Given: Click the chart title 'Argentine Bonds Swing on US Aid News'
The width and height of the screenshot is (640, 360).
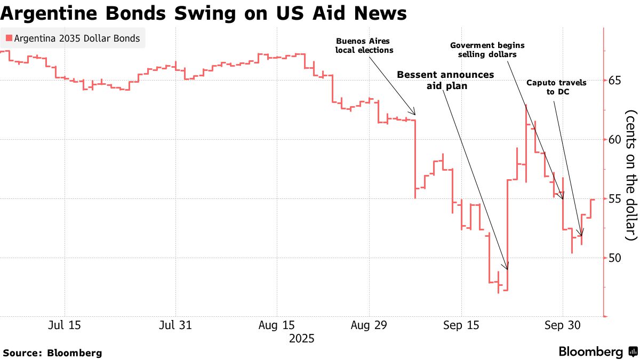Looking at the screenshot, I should pos(203,13).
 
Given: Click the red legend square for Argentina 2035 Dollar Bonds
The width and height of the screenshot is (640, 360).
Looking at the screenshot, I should pos(9,38).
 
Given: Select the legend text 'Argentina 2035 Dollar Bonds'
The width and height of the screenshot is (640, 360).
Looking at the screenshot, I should pos(77,38).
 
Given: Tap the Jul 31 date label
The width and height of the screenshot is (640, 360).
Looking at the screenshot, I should pos(175,325).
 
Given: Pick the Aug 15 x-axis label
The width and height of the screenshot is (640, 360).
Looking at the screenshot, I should pos(276,325).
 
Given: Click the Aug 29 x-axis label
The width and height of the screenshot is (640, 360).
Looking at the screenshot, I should pos(369,325).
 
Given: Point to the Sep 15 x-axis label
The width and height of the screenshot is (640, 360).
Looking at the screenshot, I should pos(461,325).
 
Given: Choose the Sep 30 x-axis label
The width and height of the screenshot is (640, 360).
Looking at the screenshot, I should pos(562,325).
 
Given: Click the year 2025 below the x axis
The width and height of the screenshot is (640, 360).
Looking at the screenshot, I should pos(301,339).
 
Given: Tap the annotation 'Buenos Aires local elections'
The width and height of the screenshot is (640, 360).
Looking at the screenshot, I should pos(364,46).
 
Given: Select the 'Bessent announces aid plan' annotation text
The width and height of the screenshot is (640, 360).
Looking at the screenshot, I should pos(445,79).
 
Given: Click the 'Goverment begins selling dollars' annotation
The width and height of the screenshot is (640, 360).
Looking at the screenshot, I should pos(487,50).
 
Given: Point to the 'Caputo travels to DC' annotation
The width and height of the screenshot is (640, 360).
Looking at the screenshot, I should pos(556,87).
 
